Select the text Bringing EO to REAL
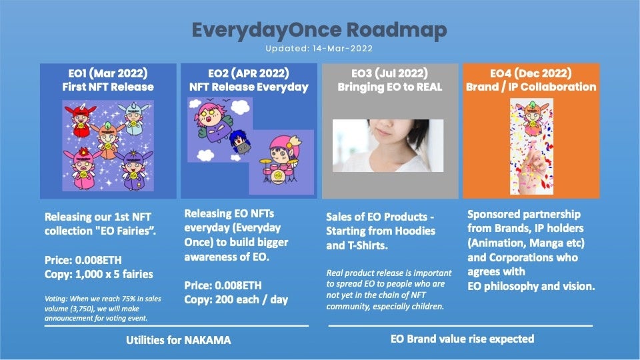click(x=390, y=87)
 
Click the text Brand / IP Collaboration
click(x=531, y=87)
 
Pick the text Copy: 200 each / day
click(x=236, y=299)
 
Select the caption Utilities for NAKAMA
click(x=178, y=340)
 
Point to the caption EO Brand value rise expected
click(x=462, y=339)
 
